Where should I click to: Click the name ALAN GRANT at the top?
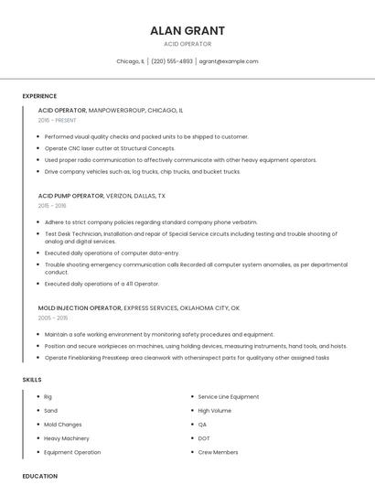tap(187, 30)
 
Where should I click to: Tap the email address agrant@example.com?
tap(229, 61)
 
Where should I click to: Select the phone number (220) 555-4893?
tap(172, 61)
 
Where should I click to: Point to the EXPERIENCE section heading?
tap(39, 96)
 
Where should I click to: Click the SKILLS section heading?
tap(32, 379)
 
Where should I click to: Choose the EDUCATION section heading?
tap(39, 476)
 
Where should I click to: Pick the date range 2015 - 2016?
tap(53, 206)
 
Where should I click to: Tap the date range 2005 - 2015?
tap(53, 318)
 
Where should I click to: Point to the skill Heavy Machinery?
tap(67, 438)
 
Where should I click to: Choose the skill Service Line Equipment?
tap(229, 396)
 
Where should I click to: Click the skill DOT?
tap(204, 438)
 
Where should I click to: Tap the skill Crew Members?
tap(218, 452)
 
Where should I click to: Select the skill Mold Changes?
tap(63, 425)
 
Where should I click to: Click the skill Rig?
tap(48, 396)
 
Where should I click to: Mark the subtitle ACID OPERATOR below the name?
tap(187, 44)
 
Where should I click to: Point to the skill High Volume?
tap(215, 411)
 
